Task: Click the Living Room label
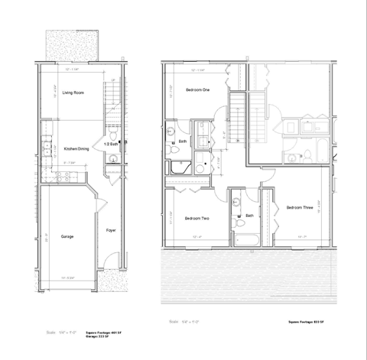click(73, 92)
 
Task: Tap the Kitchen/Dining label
click(76, 149)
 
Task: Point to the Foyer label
click(110, 229)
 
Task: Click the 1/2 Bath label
click(110, 143)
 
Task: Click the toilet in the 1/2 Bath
click(112, 159)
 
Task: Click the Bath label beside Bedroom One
click(183, 141)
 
